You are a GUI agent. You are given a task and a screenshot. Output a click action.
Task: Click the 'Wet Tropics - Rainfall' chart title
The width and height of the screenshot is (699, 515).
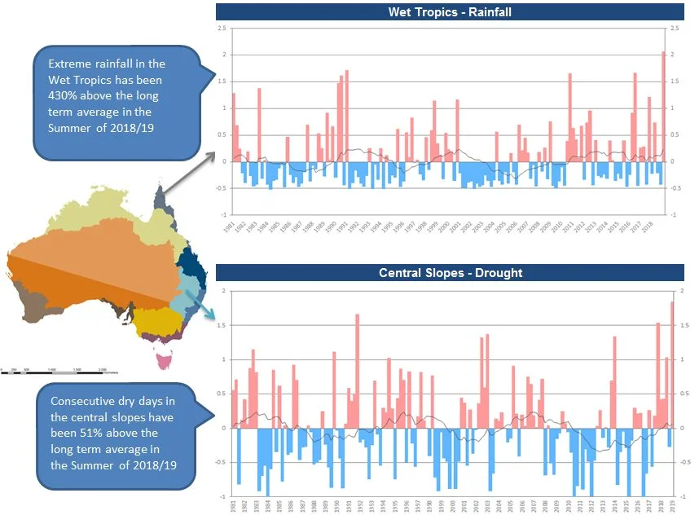pos(450,11)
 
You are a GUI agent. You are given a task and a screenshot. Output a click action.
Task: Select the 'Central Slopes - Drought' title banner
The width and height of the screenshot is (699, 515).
pos(450,272)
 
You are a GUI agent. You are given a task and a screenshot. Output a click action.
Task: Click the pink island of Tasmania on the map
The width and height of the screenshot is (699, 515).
pos(166,357)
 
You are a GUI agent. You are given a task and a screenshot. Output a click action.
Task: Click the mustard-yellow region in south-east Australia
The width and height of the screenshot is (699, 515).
pos(154,324)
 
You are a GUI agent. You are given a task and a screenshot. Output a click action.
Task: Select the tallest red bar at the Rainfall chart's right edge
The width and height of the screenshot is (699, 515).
pos(663,106)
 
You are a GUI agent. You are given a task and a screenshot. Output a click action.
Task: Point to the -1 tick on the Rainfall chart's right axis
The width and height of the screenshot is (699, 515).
pos(674,215)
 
